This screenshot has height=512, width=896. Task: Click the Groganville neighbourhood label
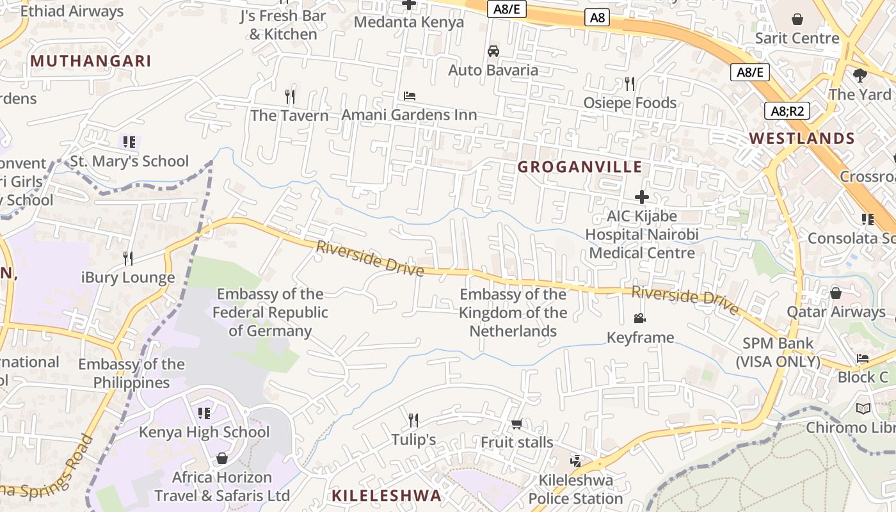[x=579, y=167]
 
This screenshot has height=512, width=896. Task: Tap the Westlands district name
[x=802, y=138]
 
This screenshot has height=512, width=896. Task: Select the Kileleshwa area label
[x=387, y=495]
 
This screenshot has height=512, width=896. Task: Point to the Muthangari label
[x=91, y=61]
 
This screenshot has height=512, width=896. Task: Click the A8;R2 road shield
[x=787, y=111]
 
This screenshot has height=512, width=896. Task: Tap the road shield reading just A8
[x=597, y=17]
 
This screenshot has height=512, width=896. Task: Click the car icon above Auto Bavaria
[x=493, y=51]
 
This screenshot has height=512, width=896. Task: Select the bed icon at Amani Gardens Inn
[x=410, y=96]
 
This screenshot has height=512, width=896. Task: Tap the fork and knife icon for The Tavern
[x=290, y=97]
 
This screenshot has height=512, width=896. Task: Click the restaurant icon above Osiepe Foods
[x=629, y=83]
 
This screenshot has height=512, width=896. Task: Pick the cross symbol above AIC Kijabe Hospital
[x=641, y=197]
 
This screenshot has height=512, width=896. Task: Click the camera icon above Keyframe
[x=639, y=318]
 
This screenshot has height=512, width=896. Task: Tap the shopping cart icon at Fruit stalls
[x=516, y=424]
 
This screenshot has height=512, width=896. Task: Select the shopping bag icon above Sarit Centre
[x=797, y=19]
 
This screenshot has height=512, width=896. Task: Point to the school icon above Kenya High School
[x=204, y=413]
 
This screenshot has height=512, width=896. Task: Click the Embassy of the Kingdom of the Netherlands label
[x=513, y=312]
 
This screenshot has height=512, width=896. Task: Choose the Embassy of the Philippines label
[x=131, y=373]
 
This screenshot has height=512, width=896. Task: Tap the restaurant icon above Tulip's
[x=413, y=420]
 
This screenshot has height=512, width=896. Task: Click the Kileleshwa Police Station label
[x=575, y=489]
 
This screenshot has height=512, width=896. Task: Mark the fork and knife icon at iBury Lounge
[x=128, y=258]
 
